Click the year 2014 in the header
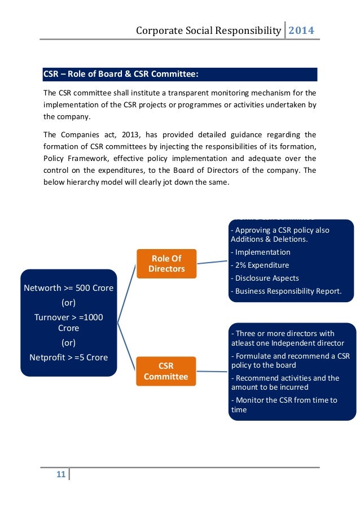(x=301, y=30)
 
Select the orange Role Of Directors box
(x=166, y=264)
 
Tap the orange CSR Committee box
(x=166, y=371)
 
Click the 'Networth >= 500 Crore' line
(x=68, y=288)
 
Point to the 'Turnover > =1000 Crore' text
(x=68, y=322)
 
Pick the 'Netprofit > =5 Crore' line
(x=68, y=357)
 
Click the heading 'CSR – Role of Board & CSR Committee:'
(x=121, y=75)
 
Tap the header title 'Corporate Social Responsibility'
(x=208, y=30)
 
